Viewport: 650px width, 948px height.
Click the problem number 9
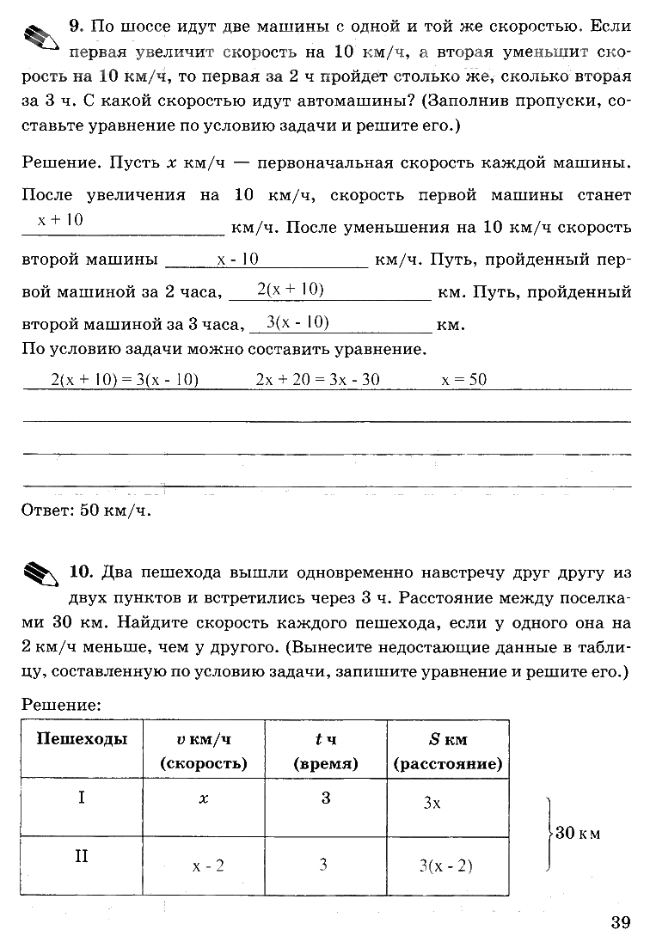tap(74, 28)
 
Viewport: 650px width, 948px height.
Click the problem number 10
tap(80, 572)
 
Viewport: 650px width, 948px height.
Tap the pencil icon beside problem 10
tap(40, 572)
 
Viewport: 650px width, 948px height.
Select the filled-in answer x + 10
tap(60, 220)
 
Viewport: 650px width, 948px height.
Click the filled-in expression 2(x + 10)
tap(290, 291)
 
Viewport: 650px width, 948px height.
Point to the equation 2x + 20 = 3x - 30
tap(318, 379)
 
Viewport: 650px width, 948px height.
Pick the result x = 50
tap(463, 379)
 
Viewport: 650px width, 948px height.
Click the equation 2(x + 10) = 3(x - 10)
tap(125, 379)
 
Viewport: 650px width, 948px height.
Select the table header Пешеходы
tap(82, 739)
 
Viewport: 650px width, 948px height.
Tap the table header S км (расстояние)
tap(448, 751)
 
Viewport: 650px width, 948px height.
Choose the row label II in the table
tap(82, 856)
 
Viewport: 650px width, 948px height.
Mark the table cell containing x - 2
tap(208, 865)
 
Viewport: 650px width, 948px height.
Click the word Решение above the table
tap(61, 704)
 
